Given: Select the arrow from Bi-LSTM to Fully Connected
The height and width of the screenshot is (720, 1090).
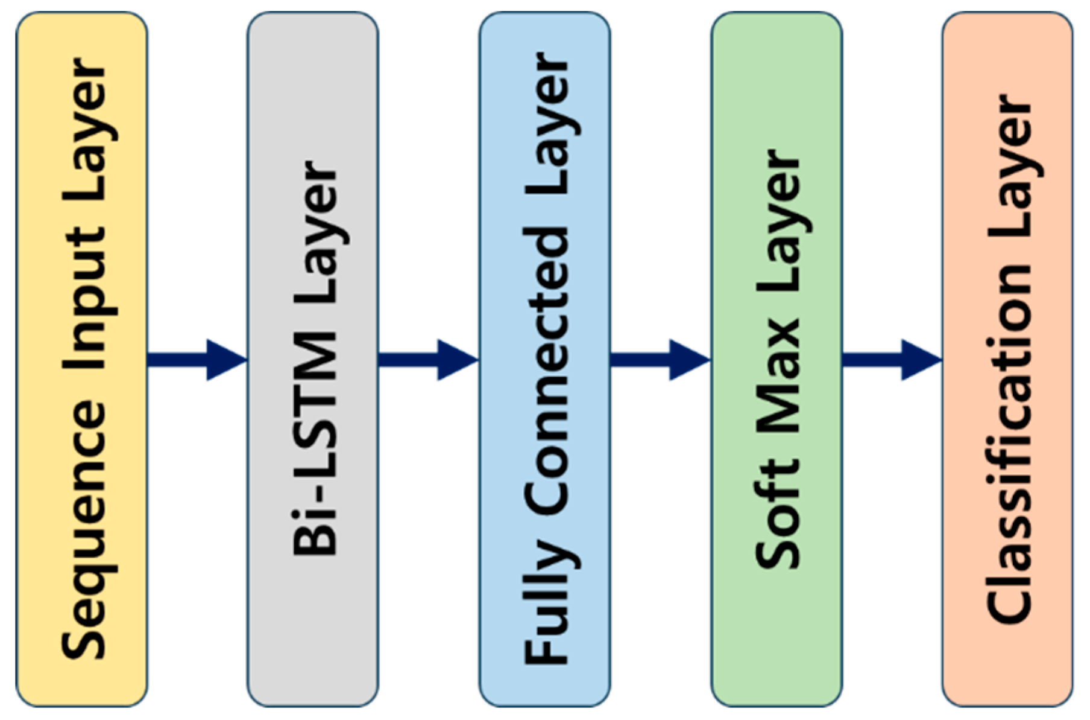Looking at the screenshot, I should coord(428,360).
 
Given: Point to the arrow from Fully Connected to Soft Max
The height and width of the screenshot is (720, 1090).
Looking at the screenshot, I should coord(660,360).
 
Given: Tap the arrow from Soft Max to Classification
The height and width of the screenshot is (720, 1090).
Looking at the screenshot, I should coord(892,360).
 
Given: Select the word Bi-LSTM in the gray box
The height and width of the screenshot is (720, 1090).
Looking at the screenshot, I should coord(315,444).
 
